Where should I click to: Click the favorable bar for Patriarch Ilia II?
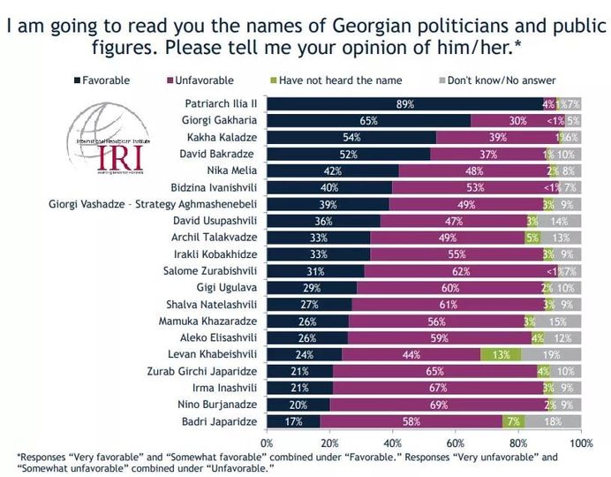coord(405,104)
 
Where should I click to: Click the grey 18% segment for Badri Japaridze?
coord(553,422)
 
